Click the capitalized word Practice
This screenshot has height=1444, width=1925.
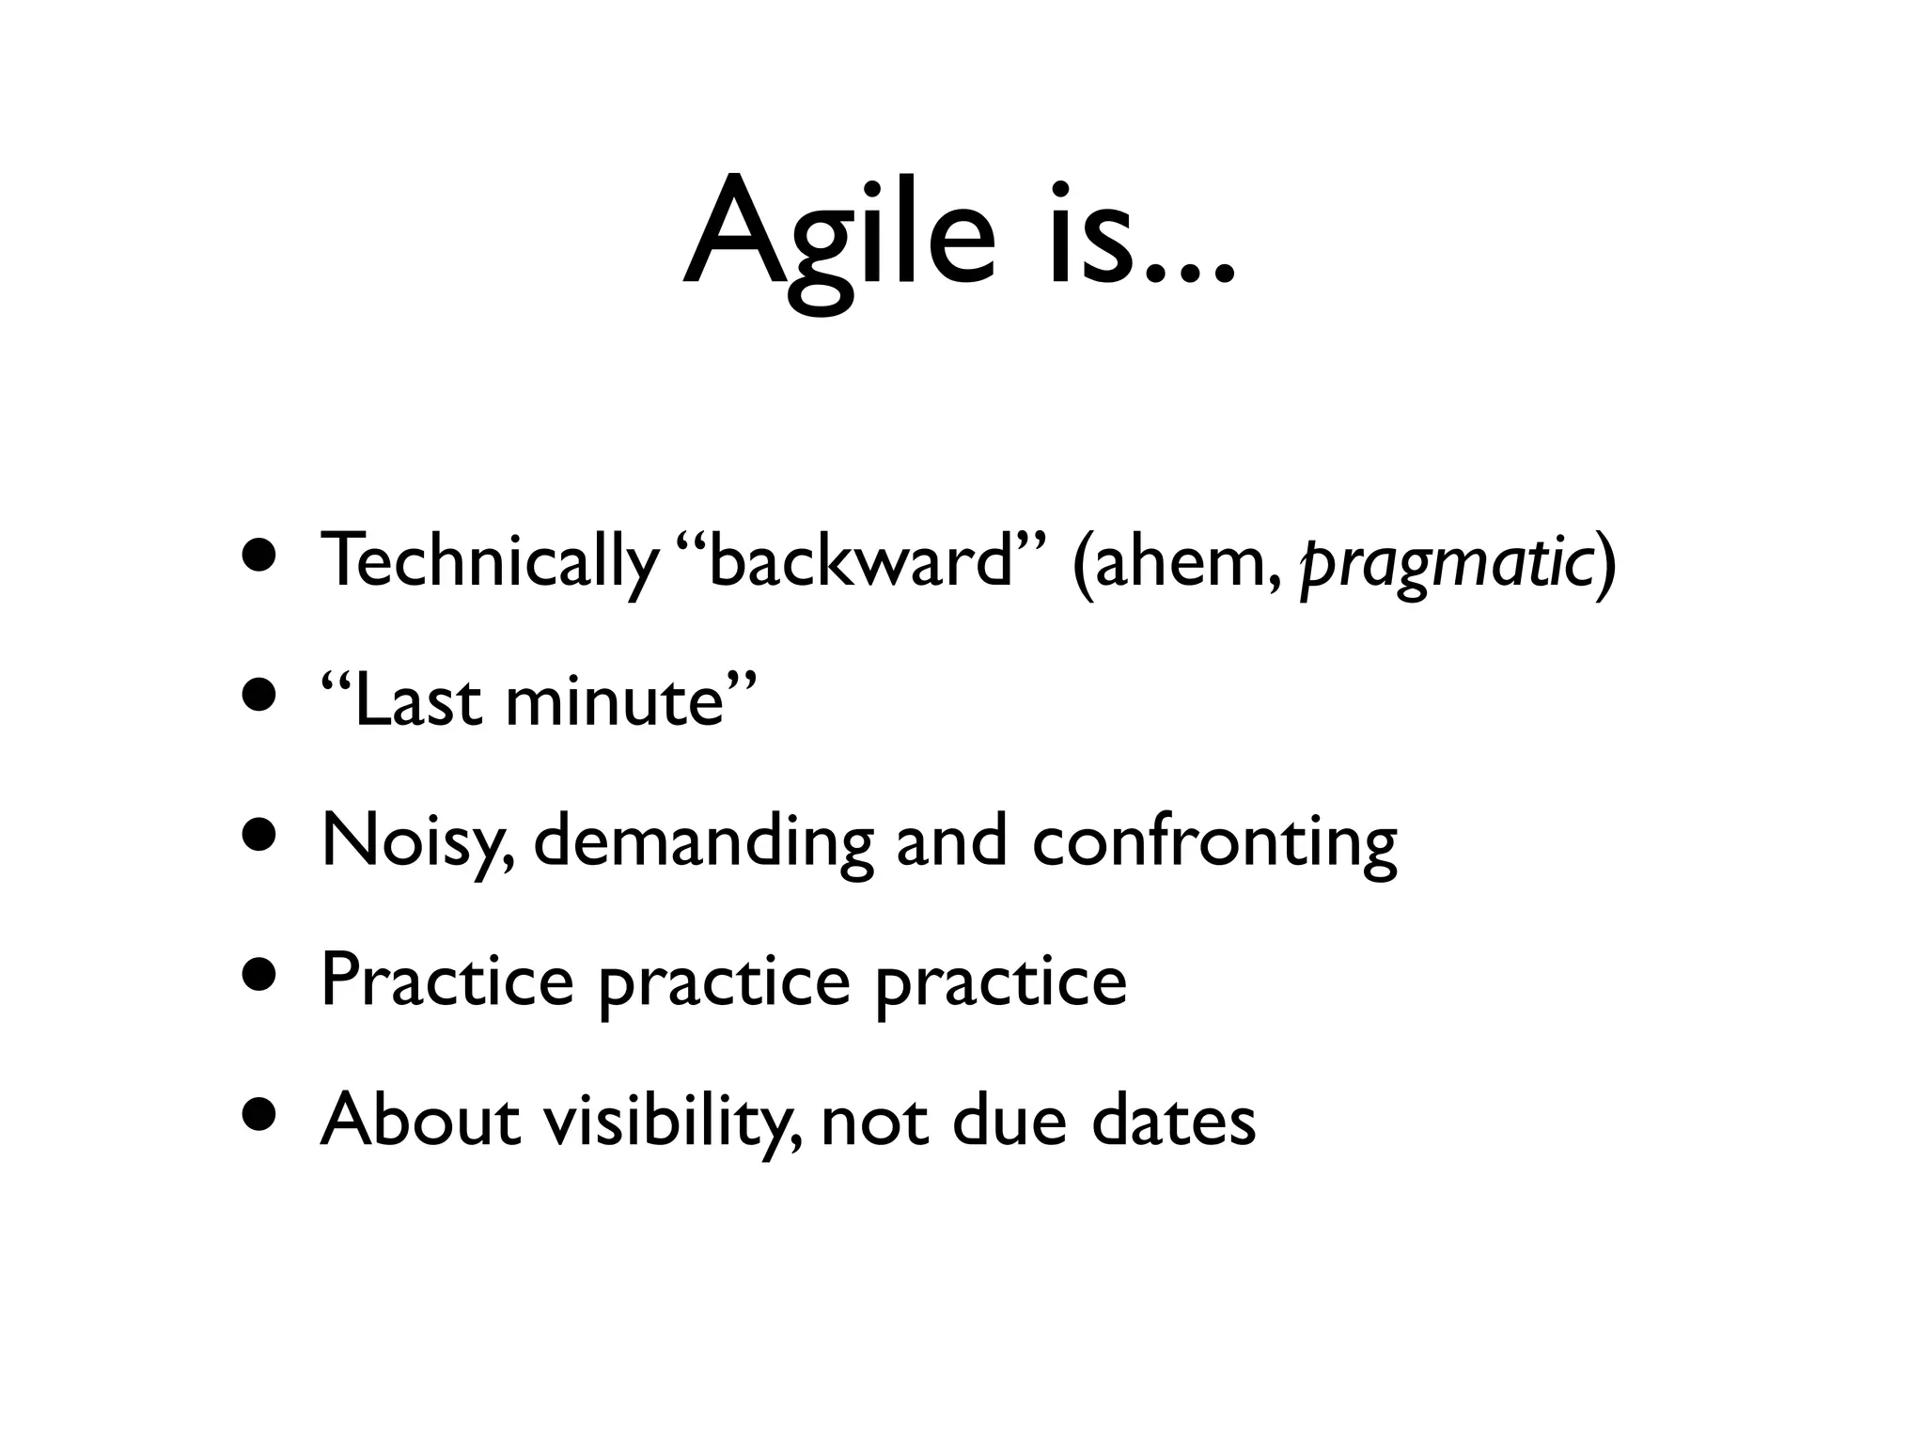tap(446, 981)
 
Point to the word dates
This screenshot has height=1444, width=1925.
tap(1173, 1120)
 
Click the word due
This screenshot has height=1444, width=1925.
tap(1009, 1120)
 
